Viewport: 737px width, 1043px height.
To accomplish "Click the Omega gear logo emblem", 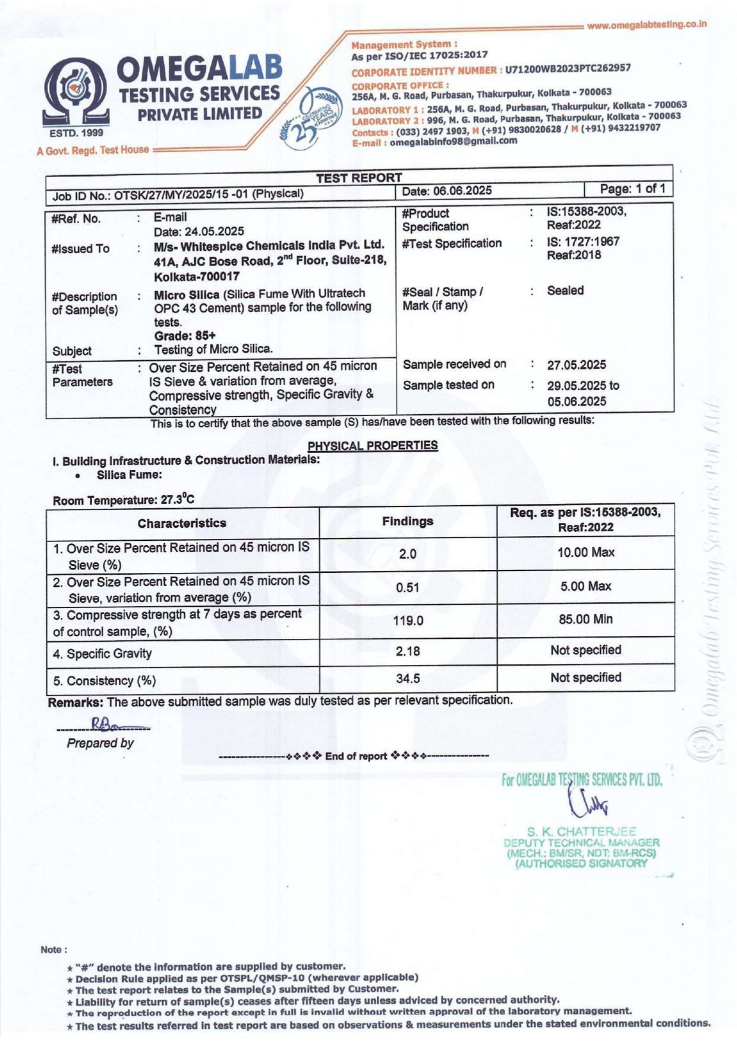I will click(76, 92).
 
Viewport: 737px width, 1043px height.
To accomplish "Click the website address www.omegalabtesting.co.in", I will click(646, 25).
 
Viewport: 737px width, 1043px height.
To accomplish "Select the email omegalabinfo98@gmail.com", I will click(453, 141).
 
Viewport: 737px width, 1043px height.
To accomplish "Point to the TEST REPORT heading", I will click(359, 178).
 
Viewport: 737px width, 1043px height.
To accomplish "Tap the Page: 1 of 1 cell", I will click(632, 189).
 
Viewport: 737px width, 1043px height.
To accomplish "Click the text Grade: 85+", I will click(185, 336).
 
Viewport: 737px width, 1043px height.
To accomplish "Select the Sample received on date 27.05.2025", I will click(577, 365).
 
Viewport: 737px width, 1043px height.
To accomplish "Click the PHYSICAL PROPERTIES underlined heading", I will click(373, 446).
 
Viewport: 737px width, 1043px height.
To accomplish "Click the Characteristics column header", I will click(182, 523).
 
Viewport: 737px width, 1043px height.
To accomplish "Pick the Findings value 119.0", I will click(408, 621).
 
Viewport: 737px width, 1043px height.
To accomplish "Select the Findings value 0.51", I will click(408, 588).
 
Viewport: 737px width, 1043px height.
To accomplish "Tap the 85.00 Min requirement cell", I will click(585, 619).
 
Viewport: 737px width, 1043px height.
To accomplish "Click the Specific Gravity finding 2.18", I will click(408, 651).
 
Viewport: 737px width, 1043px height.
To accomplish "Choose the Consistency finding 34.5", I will click(408, 678).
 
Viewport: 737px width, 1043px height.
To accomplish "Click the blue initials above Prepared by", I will click(104, 724).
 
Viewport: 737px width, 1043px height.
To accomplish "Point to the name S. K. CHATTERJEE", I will click(581, 831).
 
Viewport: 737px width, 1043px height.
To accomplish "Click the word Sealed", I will click(565, 291).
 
